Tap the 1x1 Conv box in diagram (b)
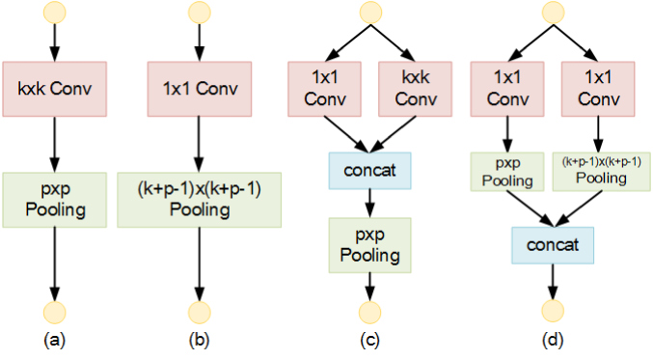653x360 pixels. [199, 90]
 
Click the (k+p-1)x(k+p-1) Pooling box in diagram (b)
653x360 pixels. [199, 201]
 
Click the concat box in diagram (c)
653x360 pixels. [367, 170]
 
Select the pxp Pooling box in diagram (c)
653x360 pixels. [369, 245]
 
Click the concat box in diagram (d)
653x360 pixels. [552, 245]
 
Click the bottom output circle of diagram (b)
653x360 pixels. [199, 311]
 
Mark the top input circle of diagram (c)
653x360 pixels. [369, 13]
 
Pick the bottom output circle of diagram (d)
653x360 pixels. [552, 311]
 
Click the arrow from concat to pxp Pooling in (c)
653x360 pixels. [369, 202]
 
